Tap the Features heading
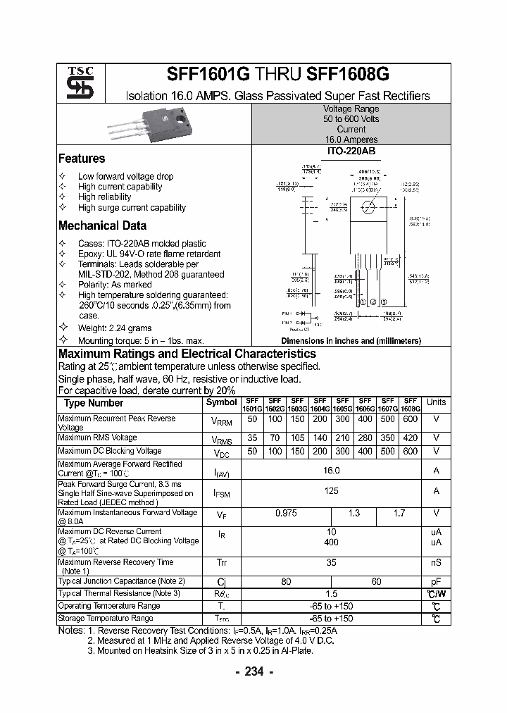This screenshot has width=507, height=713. (x=81, y=159)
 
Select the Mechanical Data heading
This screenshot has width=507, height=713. (x=102, y=226)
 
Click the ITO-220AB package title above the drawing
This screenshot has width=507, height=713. (x=351, y=151)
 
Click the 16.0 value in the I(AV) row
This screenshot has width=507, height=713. (x=331, y=470)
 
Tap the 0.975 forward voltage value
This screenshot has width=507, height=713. (x=286, y=514)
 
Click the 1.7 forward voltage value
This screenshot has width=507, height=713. (x=399, y=514)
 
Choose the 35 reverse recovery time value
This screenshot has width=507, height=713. (x=331, y=563)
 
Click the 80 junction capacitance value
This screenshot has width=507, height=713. (x=286, y=582)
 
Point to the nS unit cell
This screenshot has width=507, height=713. (x=436, y=563)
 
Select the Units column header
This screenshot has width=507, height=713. (x=436, y=402)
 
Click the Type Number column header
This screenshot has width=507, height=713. (x=93, y=403)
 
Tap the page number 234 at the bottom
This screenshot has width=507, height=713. (x=254, y=672)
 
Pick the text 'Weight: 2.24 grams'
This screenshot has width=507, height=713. (x=115, y=328)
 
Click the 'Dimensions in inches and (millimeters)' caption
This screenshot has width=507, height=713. (x=351, y=341)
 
